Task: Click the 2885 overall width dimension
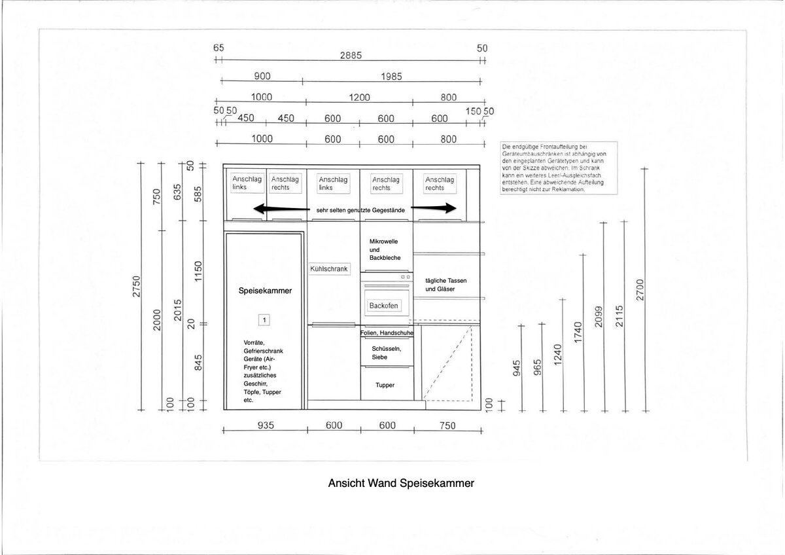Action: click(351, 56)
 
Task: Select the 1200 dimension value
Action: click(359, 98)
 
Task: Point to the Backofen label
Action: click(383, 306)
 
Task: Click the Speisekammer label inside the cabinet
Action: click(265, 291)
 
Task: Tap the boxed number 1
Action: click(264, 320)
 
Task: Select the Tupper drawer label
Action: click(385, 385)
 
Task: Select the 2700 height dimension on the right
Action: click(640, 291)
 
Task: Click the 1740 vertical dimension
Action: click(578, 332)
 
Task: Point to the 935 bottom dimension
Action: click(265, 425)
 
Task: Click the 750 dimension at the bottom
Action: click(447, 425)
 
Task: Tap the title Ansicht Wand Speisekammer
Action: click(400, 484)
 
